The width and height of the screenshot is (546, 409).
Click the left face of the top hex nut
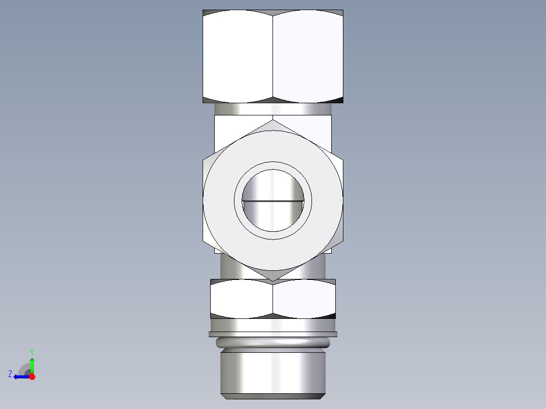pyautogui.click(x=238, y=56)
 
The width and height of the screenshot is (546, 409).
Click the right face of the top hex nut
pyautogui.click(x=308, y=56)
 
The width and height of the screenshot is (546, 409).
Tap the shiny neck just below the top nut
pyautogui.click(x=272, y=109)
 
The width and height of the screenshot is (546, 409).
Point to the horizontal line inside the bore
pyautogui.click(x=272, y=201)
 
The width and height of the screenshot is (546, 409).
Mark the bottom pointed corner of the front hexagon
pyautogui.click(x=272, y=280)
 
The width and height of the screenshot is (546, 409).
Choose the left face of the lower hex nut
pyautogui.click(x=242, y=299)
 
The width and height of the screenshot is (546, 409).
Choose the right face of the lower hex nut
pyautogui.click(x=304, y=299)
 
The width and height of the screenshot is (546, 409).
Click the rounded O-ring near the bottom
pyautogui.click(x=272, y=343)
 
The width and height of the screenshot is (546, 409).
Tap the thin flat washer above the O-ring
pyautogui.click(x=272, y=334)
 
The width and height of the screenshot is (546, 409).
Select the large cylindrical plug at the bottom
pyautogui.click(x=272, y=372)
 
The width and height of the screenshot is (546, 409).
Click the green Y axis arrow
pyautogui.click(x=32, y=363)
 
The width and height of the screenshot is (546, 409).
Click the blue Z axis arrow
pyautogui.click(x=20, y=377)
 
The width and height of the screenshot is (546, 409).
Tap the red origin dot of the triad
pyautogui.click(x=32, y=377)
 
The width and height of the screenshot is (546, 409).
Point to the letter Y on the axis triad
pyautogui.click(x=32, y=351)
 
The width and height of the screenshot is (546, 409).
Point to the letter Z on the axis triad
pyautogui.click(x=10, y=374)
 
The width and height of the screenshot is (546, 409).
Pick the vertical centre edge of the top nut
pyautogui.click(x=273, y=56)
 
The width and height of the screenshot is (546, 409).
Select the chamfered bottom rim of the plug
pyautogui.click(x=272, y=395)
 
